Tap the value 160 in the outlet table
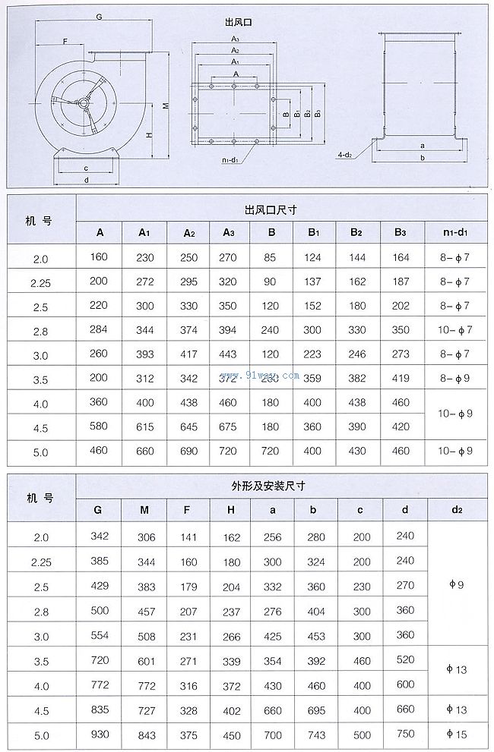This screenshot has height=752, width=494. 100,256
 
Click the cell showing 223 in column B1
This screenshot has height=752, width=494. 312,354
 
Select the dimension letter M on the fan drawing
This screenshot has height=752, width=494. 165,105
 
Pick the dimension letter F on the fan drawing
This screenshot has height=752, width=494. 65,40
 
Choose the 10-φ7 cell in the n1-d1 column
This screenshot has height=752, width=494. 457,330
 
